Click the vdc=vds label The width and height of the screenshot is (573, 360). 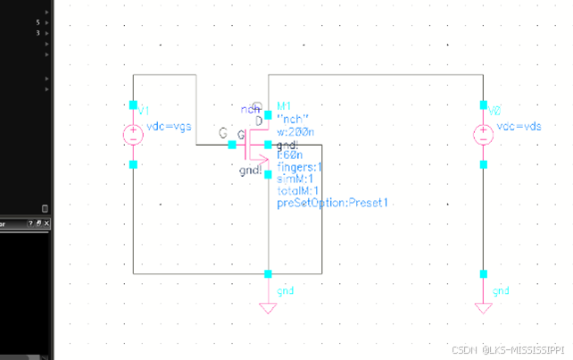pyautogui.click(x=519, y=127)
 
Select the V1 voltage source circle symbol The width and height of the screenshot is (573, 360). pyautogui.click(x=133, y=136)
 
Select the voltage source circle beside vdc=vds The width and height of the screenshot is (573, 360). pyautogui.click(x=483, y=136)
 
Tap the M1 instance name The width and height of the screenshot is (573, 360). pyautogui.click(x=285, y=105)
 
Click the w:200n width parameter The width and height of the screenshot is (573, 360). pyautogui.click(x=295, y=132)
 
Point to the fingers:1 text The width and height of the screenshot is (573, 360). pyautogui.click(x=300, y=167)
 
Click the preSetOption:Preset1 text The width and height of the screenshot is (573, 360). pyautogui.click(x=332, y=204)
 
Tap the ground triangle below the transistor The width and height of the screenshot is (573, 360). pyautogui.click(x=268, y=308)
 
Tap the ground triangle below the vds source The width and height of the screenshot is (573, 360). pyautogui.click(x=483, y=308)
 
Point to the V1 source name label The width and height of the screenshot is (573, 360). pyautogui.click(x=143, y=111)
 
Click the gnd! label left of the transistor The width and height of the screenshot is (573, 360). pyautogui.click(x=251, y=171)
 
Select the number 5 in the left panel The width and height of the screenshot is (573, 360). pyautogui.click(x=37, y=21)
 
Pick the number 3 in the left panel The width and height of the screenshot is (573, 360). pyautogui.click(x=37, y=32)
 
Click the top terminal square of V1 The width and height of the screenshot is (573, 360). pyautogui.click(x=133, y=105)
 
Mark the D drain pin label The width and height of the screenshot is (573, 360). pyautogui.click(x=258, y=120)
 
